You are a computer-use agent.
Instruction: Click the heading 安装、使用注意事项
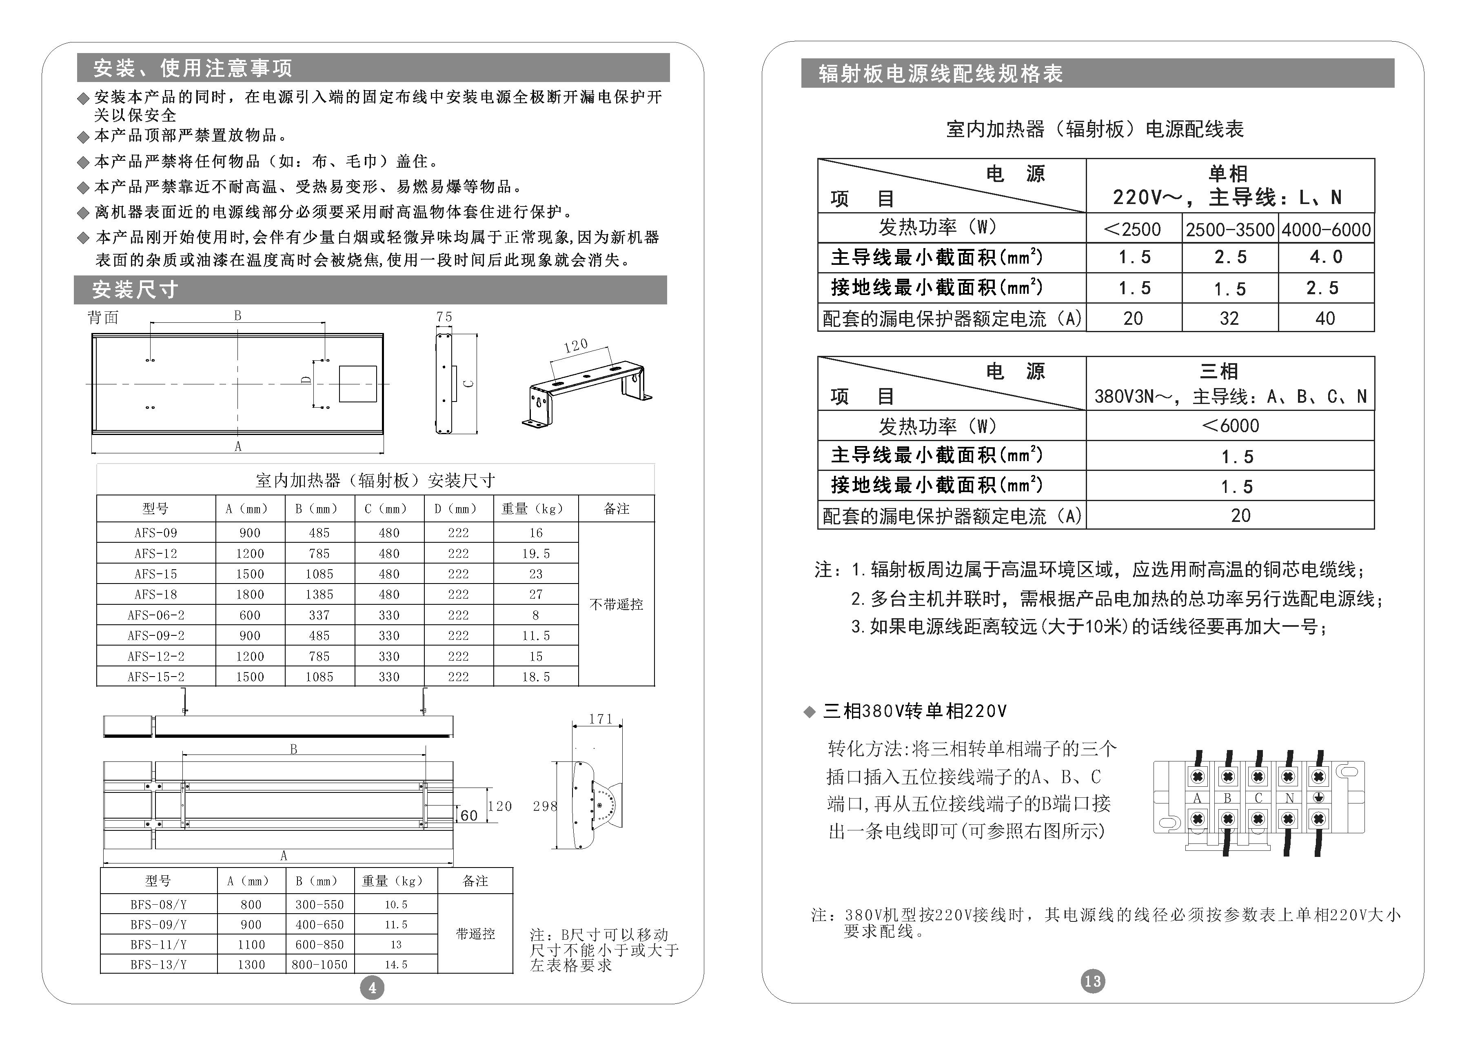pos(193,68)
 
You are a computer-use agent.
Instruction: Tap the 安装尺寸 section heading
pos(135,290)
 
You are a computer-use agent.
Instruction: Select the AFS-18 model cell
pos(156,595)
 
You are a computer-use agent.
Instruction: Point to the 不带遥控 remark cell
pos(616,604)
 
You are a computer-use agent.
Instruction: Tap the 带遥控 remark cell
pos(475,934)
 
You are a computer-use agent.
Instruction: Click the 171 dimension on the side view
pos(600,719)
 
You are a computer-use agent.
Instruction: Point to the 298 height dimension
pos(544,806)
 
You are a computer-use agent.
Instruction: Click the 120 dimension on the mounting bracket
pos(576,346)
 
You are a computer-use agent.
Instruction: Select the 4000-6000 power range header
pos(1326,229)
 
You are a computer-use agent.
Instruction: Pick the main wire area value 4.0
pos(1326,257)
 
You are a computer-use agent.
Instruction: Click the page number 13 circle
pos(1092,981)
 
